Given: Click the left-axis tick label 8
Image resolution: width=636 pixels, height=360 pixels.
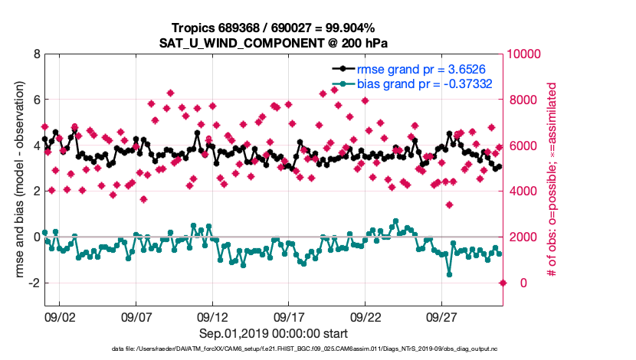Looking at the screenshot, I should [x=36, y=54].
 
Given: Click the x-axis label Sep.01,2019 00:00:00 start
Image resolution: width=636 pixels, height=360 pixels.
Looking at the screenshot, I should [x=274, y=333].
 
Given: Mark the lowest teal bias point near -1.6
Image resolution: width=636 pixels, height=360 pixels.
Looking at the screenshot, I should [x=449, y=274].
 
